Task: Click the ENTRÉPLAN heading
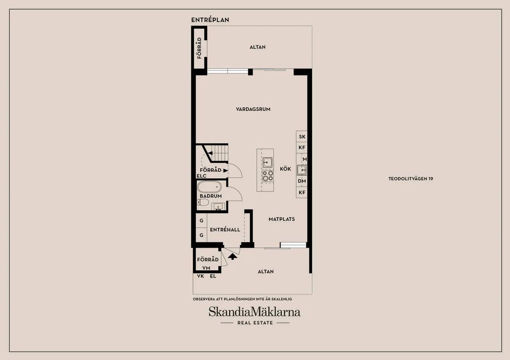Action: pyautogui.click(x=210, y=20)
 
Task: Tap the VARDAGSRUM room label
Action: pyautogui.click(x=253, y=109)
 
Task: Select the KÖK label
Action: pyautogui.click(x=285, y=169)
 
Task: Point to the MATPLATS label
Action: pyautogui.click(x=282, y=219)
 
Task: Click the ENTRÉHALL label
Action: pyautogui.click(x=225, y=230)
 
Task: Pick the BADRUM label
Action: pyautogui.click(x=211, y=196)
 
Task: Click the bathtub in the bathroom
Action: pyautogui.click(x=209, y=187)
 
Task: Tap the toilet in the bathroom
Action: pyautogui.click(x=203, y=202)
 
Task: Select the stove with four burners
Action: pyautogui.click(x=267, y=176)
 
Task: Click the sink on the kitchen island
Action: pyautogui.click(x=267, y=162)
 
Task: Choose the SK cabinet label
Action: pyautogui.click(x=302, y=137)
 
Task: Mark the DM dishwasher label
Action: pyautogui.click(x=302, y=181)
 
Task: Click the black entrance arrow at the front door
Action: pyautogui.click(x=232, y=257)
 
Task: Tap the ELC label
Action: pyautogui.click(x=202, y=176)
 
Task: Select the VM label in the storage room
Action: pyautogui.click(x=206, y=268)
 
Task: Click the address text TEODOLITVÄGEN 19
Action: pyautogui.click(x=411, y=179)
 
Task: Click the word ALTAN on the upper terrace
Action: pyautogui.click(x=257, y=47)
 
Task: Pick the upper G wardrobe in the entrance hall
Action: pyautogui.click(x=202, y=221)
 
